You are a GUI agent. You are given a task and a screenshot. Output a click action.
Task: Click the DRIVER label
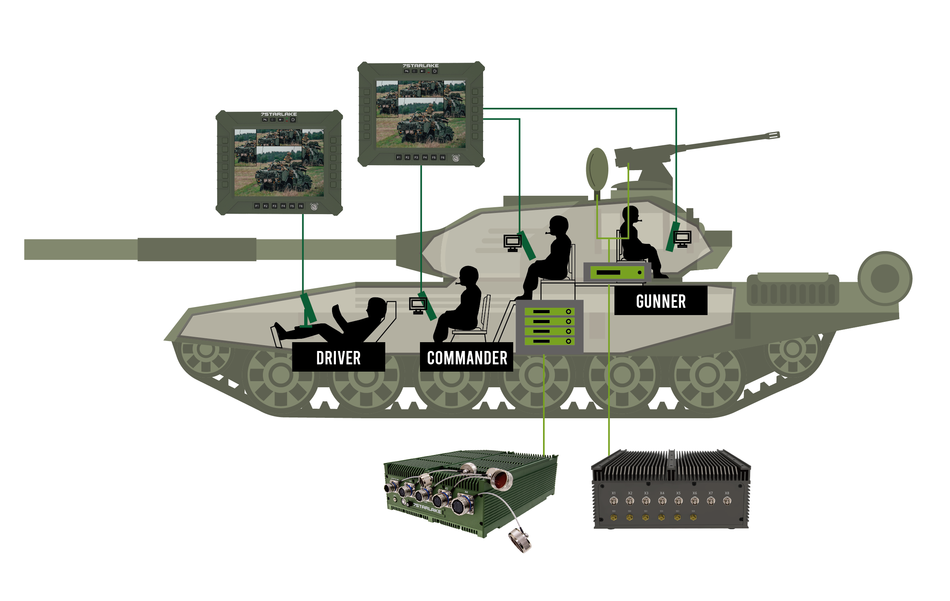click(x=338, y=357)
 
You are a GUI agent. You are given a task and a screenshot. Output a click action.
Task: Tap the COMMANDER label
click(x=466, y=357)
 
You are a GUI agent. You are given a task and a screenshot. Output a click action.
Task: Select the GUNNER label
click(x=660, y=301)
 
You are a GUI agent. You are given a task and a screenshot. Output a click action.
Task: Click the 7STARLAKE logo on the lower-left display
click(x=279, y=114)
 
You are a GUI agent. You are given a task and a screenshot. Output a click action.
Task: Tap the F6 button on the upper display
click(x=442, y=158)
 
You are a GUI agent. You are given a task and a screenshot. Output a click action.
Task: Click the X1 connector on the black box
click(x=613, y=501)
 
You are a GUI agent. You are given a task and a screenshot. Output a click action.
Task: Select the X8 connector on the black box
click(x=727, y=501)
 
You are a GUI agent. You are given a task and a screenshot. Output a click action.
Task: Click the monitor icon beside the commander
click(x=418, y=305)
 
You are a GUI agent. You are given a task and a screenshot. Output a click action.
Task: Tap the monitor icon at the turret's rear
click(x=682, y=238)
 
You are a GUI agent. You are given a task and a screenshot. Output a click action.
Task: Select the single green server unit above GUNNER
click(x=617, y=272)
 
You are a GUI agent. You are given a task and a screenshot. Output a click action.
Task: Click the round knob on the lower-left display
click(x=314, y=206)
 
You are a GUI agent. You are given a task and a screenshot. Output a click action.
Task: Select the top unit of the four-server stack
click(x=549, y=311)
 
